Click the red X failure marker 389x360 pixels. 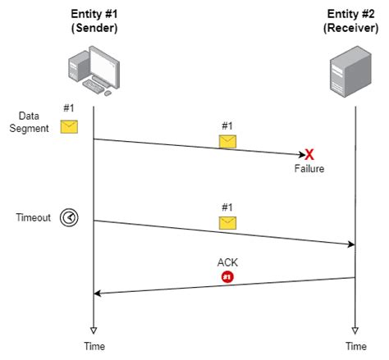[310, 154]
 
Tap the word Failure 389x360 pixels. [310, 169]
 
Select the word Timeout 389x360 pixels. [33, 217]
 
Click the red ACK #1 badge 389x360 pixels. [227, 277]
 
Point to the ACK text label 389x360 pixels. [227, 263]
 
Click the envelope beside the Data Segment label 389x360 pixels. [69, 126]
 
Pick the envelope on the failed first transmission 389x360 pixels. [227, 141]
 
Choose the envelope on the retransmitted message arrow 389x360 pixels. [227, 222]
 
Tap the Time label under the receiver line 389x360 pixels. [355, 347]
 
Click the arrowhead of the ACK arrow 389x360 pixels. [98, 293]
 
